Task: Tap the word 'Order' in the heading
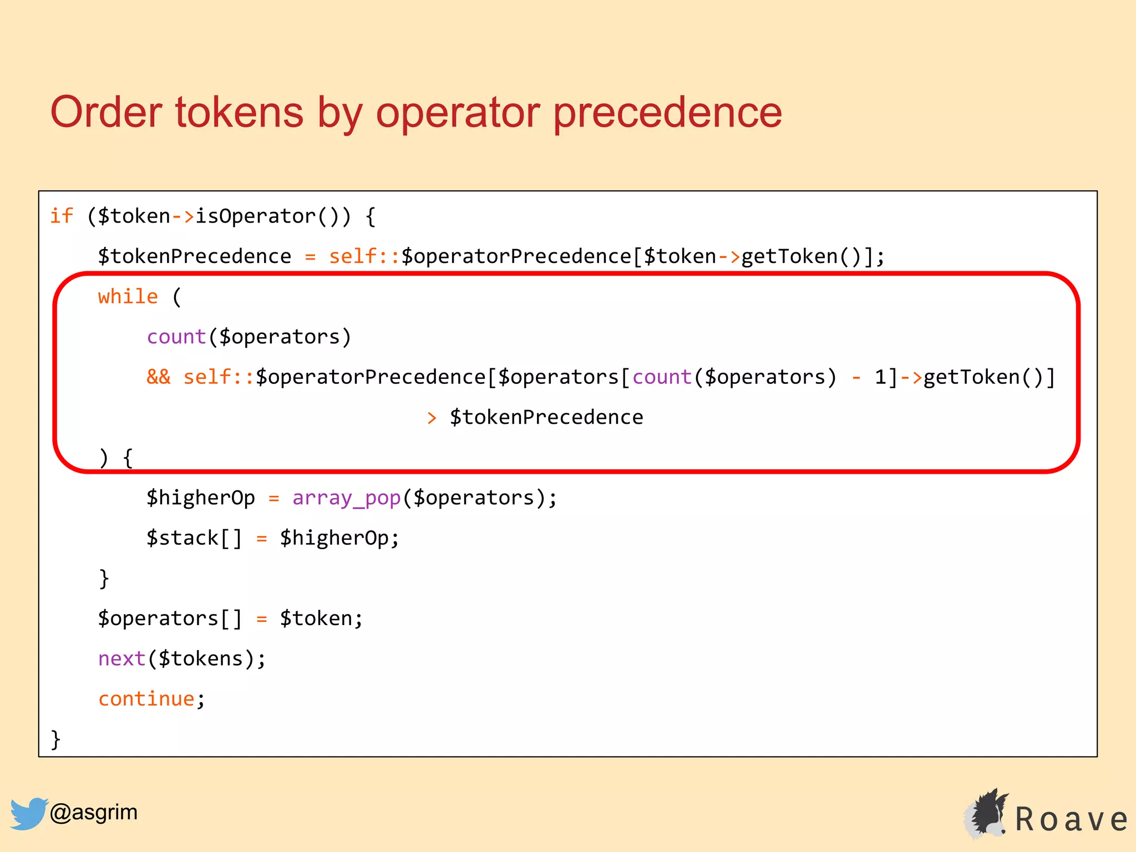(106, 113)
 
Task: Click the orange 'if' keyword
(61, 216)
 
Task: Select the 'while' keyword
(128, 296)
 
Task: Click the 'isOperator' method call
(255, 216)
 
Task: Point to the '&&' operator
(159, 377)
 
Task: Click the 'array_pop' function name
(346, 498)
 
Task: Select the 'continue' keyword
(146, 699)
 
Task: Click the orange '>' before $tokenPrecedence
(432, 418)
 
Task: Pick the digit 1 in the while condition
(880, 377)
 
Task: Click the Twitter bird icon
(28, 813)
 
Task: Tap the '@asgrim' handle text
(93, 812)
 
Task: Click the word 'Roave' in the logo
(1071, 819)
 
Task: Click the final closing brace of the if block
(55, 739)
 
